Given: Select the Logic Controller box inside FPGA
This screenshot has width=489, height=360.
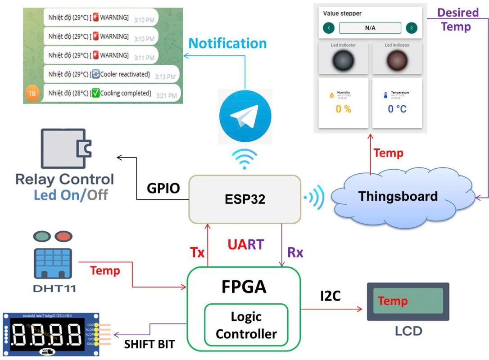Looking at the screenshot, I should pyautogui.click(x=246, y=325).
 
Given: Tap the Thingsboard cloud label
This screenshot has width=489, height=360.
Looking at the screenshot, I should pyautogui.click(x=398, y=196).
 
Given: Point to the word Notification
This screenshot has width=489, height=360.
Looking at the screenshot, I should pyautogui.click(x=227, y=44).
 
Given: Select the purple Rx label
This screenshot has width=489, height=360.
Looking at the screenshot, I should pyautogui.click(x=295, y=252).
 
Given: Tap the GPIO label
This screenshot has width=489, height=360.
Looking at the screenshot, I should pyautogui.click(x=163, y=188).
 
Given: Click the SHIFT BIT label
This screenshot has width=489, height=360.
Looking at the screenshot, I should pyautogui.click(x=149, y=344).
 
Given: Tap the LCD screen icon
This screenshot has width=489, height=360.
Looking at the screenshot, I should pyautogui.click(x=408, y=301).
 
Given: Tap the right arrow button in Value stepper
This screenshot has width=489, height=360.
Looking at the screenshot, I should pyautogui.click(x=411, y=28).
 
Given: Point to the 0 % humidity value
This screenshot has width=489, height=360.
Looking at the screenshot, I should pyautogui.click(x=343, y=109).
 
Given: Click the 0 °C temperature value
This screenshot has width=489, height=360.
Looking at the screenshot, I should pyautogui.click(x=397, y=109).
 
